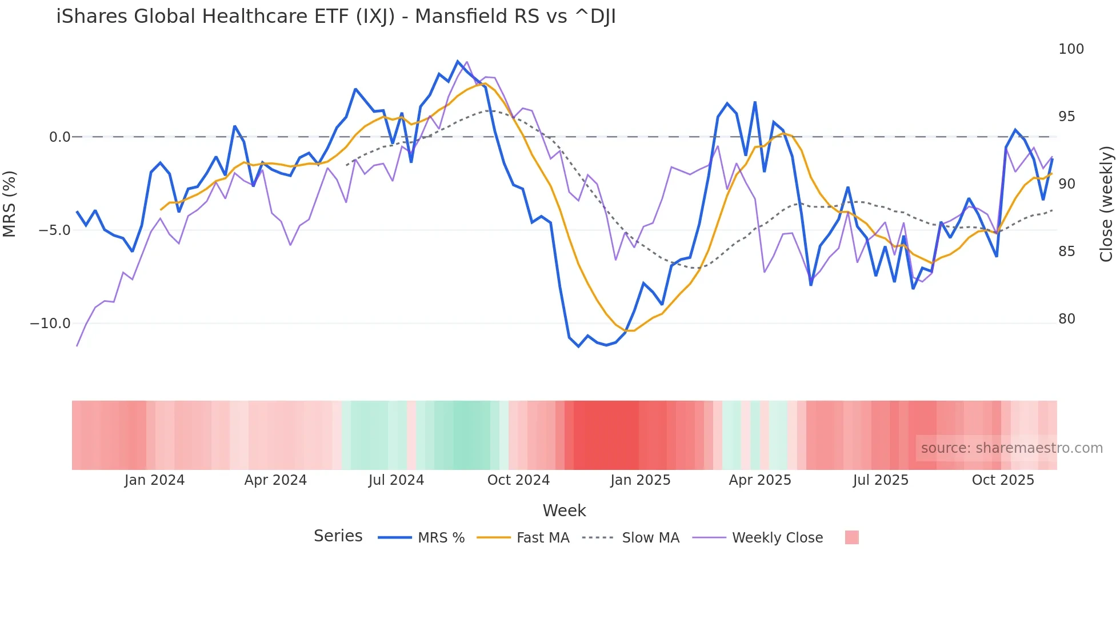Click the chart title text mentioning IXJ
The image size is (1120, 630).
pos(335,17)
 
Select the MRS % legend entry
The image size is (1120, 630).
pos(441,538)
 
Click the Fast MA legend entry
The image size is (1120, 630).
pos(542,538)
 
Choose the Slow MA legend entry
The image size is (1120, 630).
pos(650,538)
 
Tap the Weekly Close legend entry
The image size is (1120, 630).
pos(777,538)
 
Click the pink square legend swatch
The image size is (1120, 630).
pos(851,537)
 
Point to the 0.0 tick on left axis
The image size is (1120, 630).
pos(59,137)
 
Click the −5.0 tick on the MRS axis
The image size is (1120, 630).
pos(54,230)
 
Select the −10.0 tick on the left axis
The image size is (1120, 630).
pos(50,324)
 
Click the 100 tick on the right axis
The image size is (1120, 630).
pos(1071,49)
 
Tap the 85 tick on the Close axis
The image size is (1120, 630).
pos(1066,252)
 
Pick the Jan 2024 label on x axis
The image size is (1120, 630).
pos(154,480)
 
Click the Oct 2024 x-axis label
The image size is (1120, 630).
pos(518,480)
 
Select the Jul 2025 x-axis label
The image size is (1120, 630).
pos(881,480)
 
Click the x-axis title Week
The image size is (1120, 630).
pos(564,511)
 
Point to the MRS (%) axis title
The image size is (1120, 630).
pos(10,204)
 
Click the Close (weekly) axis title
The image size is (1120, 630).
pos(1106,204)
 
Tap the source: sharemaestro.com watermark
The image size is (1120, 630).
pos(1011,448)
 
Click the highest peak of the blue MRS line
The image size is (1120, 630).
pos(458,61)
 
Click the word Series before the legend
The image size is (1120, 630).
pos(338,536)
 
